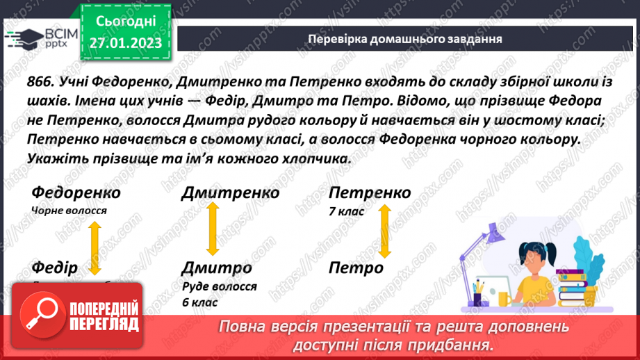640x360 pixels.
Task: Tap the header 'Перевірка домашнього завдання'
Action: point(405,39)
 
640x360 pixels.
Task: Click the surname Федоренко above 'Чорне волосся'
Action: point(76,193)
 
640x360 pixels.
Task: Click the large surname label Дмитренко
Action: point(230,193)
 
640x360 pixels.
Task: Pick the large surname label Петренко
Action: point(370,193)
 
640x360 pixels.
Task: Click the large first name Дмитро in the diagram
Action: point(217,268)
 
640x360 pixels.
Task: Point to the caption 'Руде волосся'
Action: point(220,286)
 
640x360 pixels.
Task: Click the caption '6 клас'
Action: point(199,302)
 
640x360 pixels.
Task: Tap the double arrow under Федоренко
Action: point(93,238)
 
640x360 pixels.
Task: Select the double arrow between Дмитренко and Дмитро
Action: point(208,231)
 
